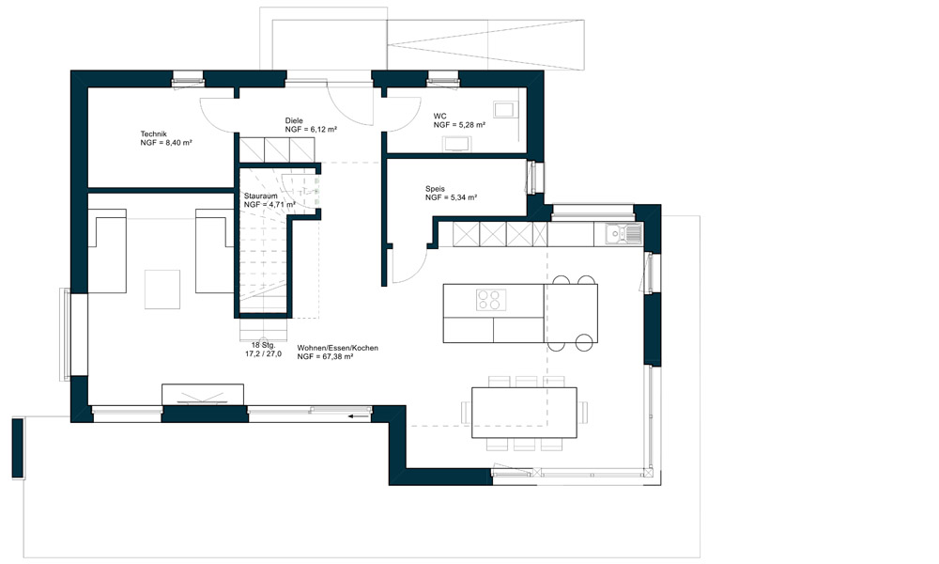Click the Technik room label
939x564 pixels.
[153, 134]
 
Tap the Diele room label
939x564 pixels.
[294, 120]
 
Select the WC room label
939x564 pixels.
[440, 117]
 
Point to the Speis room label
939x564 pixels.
[436, 189]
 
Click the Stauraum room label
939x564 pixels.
[261, 196]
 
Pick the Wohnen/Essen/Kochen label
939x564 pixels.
[338, 348]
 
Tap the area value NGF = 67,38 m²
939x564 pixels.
[325, 356]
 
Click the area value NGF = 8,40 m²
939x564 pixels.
[166, 143]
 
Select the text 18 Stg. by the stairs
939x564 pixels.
[264, 345]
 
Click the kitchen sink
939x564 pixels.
[623, 234]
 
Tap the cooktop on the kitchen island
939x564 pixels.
[491, 300]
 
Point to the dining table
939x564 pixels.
[525, 413]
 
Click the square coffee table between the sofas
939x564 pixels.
[162, 290]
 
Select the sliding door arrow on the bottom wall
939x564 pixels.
[359, 415]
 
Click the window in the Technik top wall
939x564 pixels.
[188, 79]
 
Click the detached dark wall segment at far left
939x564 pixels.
[18, 448]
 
